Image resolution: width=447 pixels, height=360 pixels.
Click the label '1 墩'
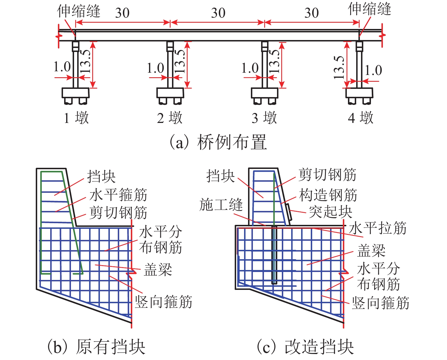(x=76, y=118)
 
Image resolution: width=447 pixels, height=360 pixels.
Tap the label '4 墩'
(x=360, y=118)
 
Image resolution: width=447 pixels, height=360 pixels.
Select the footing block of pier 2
(x=170, y=93)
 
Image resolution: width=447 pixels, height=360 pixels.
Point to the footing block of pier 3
(x=265, y=93)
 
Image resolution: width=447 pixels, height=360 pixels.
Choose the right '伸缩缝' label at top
(x=370, y=9)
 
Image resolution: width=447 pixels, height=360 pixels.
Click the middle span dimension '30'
(x=218, y=13)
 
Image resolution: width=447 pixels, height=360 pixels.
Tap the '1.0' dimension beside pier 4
(x=373, y=70)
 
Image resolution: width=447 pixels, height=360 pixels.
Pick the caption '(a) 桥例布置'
(x=218, y=142)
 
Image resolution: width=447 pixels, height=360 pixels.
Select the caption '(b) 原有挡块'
(x=96, y=347)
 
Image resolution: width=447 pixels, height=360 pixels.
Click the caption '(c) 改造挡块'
(x=305, y=347)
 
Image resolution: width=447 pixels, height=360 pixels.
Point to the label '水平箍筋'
(x=118, y=195)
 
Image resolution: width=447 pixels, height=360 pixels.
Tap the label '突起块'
(x=330, y=212)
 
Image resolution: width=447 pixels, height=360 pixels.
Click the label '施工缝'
(x=221, y=205)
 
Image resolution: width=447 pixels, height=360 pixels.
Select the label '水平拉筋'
(x=377, y=228)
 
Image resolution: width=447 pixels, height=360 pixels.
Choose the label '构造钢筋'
(x=328, y=195)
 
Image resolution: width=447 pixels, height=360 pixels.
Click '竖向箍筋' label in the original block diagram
(x=163, y=302)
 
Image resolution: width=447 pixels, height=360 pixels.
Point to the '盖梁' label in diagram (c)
(x=371, y=251)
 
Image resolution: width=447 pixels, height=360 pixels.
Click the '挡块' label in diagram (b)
(x=101, y=177)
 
